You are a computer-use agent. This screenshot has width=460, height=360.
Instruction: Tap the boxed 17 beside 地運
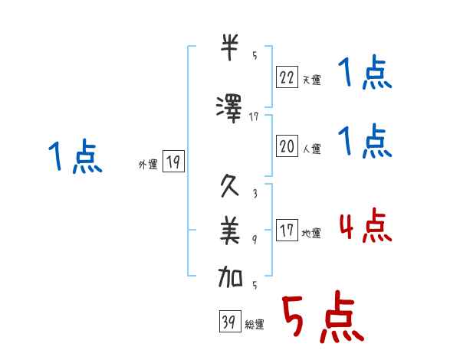287,231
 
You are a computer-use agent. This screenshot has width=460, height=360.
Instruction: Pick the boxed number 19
173,161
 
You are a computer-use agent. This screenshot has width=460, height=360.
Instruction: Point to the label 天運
311,79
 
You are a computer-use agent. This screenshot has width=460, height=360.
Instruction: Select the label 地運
311,234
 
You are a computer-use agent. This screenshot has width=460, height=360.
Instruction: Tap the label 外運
147,164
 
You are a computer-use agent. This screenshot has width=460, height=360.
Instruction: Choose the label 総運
255,325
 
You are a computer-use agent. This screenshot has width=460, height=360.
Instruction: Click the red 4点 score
364,226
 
